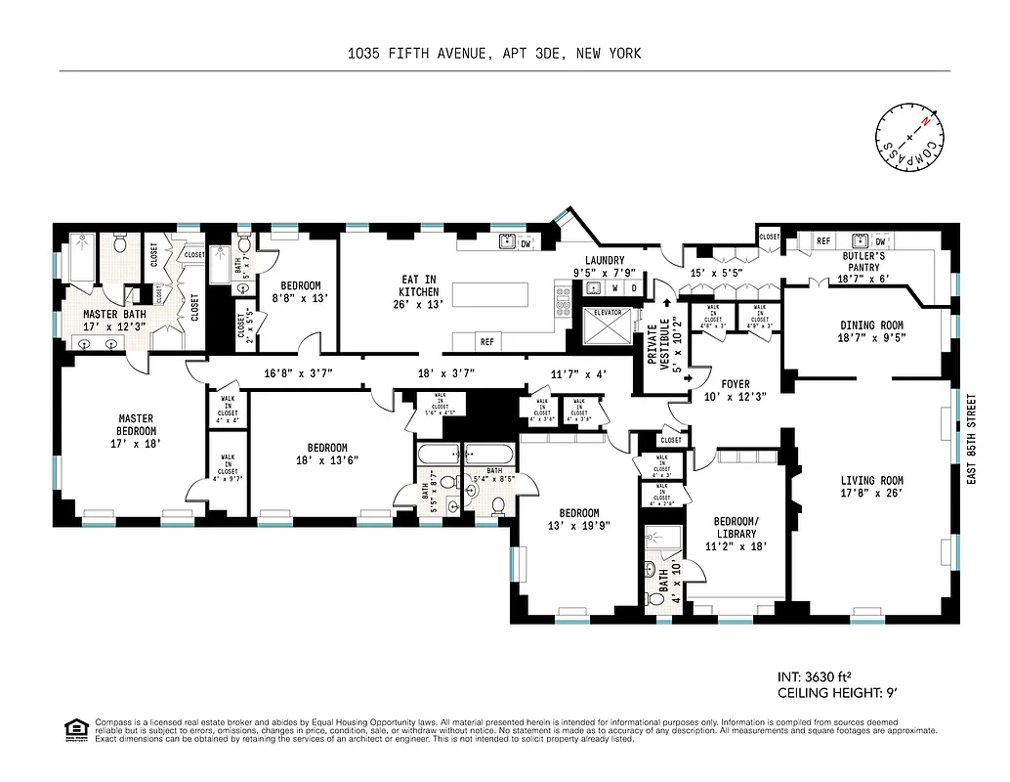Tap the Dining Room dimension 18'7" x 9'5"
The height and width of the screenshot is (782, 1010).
(872, 339)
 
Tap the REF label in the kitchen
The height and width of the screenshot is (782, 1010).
(485, 341)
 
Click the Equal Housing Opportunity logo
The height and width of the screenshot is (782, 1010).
(74, 728)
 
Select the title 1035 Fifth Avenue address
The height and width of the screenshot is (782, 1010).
(494, 54)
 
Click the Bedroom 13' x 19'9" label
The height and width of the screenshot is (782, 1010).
(579, 519)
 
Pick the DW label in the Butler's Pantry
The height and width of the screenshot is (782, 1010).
(880, 241)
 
